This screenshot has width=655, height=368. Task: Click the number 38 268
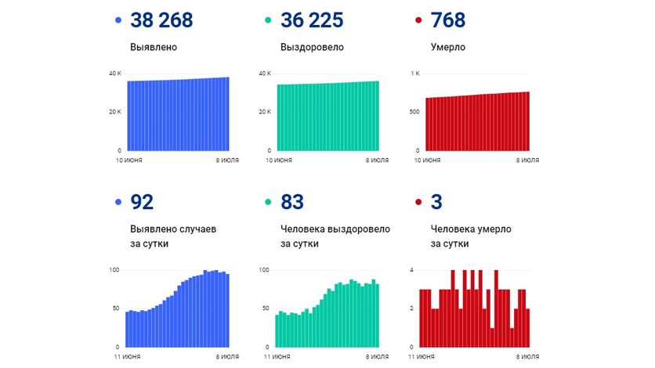pyautogui.click(x=161, y=20)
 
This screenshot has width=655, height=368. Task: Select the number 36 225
pyautogui.click(x=313, y=20)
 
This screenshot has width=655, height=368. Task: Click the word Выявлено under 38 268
pyautogui.click(x=154, y=47)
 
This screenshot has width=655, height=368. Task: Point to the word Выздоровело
pyautogui.click(x=312, y=47)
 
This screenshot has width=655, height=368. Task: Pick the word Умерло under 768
pyautogui.click(x=448, y=47)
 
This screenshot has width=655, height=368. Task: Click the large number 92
pyautogui.click(x=142, y=203)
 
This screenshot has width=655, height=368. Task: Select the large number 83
pyautogui.click(x=291, y=203)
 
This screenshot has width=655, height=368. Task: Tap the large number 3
pyautogui.click(x=437, y=203)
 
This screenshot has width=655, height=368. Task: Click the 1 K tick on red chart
pyautogui.click(x=415, y=74)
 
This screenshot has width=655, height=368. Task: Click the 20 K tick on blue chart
pyautogui.click(x=114, y=112)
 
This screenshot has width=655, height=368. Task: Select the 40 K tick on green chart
pyautogui.click(x=265, y=74)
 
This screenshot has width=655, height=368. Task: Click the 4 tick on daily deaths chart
pyautogui.click(x=412, y=270)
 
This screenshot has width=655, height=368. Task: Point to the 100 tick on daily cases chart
pyautogui.click(x=114, y=270)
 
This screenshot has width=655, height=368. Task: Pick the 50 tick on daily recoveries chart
pyautogui.click(x=265, y=308)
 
